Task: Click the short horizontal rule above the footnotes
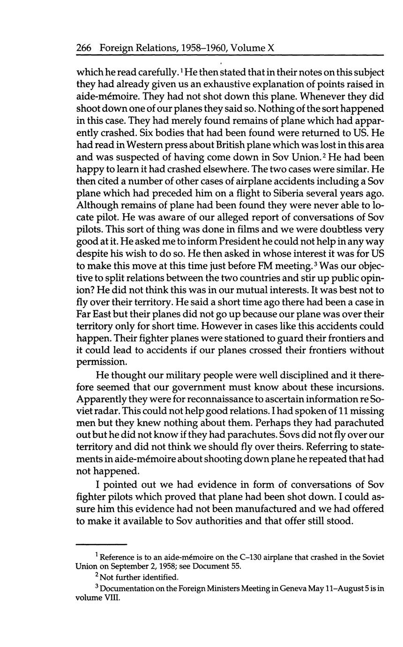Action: pos(101,544)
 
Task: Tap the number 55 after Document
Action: pos(235,566)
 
